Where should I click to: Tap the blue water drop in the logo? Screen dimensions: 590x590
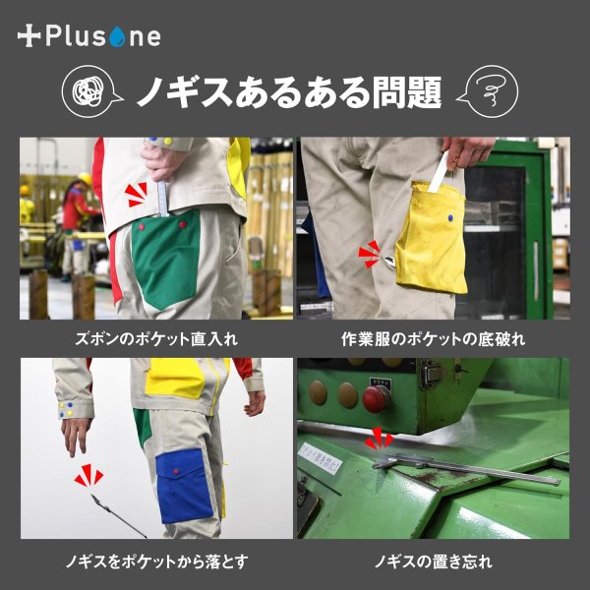[118, 38]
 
